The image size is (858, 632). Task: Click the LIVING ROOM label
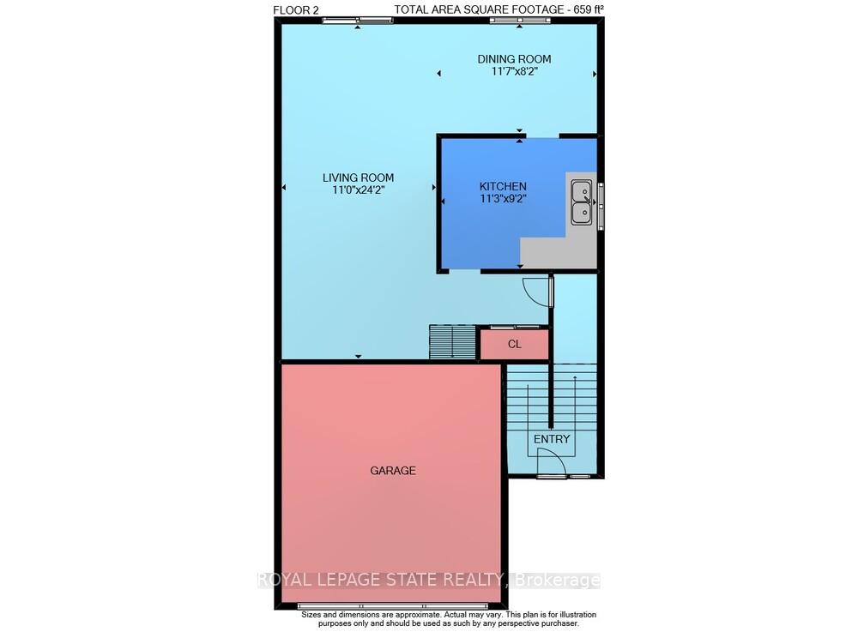tap(358, 178)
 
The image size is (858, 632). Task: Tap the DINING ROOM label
tap(514, 59)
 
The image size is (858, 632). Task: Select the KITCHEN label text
tap(503, 186)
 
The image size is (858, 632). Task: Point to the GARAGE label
tap(393, 471)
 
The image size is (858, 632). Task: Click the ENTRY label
tap(552, 439)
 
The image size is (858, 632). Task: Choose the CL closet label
tap(515, 345)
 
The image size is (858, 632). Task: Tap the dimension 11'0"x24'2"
tap(358, 190)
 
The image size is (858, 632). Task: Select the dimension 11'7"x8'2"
tap(514, 72)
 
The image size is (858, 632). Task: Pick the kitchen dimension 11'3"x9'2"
tap(503, 199)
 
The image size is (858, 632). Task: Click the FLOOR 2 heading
tap(295, 9)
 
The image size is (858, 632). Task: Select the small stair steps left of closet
tap(451, 343)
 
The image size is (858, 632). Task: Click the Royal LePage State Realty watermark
tap(429, 581)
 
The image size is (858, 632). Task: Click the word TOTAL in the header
tap(413, 9)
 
